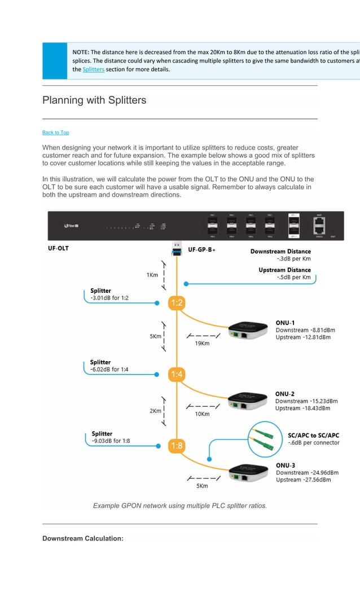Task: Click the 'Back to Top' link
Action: click(55, 133)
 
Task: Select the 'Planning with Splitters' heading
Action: click(94, 100)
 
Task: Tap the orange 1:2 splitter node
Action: click(177, 304)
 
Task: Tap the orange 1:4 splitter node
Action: click(177, 374)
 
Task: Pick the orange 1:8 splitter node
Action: click(177, 446)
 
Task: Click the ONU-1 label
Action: click(285, 323)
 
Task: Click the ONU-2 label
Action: click(285, 394)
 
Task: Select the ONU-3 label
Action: click(285, 465)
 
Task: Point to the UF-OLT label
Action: click(58, 248)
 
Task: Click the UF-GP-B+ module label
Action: click(201, 249)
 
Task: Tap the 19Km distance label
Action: click(202, 343)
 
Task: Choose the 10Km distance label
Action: click(202, 414)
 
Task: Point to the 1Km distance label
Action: click(152, 275)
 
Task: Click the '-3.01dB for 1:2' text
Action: click(112, 298)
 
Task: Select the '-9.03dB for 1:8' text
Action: click(111, 441)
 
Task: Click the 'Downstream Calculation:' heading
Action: click(83, 538)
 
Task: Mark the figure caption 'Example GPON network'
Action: click(179, 506)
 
